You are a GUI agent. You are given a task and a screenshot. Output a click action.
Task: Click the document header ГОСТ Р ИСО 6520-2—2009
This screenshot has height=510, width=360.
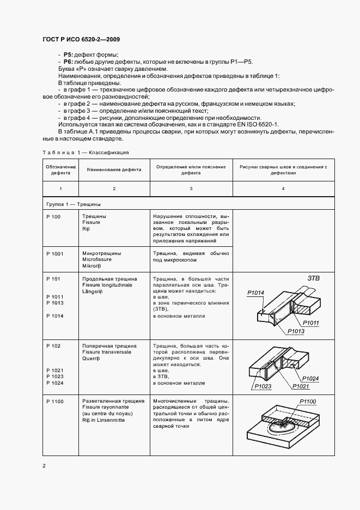(81, 40)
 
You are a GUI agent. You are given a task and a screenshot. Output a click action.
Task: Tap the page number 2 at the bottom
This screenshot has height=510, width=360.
(44, 466)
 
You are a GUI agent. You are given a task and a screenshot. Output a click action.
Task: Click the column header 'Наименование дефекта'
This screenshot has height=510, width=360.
(114, 169)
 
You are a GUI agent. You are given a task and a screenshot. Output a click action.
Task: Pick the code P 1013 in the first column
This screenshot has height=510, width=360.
(55, 302)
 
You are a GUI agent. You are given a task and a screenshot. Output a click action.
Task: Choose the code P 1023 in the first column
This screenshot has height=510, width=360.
(55, 377)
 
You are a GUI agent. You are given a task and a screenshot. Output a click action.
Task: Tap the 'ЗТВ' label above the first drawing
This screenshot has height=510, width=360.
(314, 278)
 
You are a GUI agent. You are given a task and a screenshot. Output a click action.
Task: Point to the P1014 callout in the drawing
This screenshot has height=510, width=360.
(255, 293)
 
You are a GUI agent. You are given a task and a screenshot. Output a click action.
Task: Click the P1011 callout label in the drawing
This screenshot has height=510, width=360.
(312, 323)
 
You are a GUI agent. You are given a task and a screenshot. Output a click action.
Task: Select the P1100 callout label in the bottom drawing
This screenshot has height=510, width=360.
(308, 402)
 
